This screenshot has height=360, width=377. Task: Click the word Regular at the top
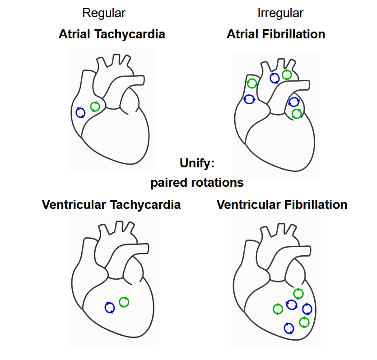(x=103, y=13)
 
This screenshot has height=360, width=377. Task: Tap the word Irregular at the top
(x=280, y=13)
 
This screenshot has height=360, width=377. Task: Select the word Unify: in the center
(x=197, y=163)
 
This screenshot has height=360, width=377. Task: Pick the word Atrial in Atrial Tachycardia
(x=75, y=34)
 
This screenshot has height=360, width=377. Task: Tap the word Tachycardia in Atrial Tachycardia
(x=130, y=34)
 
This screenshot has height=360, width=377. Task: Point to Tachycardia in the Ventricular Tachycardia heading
(x=145, y=204)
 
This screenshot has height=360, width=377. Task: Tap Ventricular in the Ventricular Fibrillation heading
(x=249, y=204)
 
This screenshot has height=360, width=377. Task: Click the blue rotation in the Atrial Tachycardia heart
(x=81, y=112)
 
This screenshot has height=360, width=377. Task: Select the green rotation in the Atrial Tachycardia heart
(x=95, y=106)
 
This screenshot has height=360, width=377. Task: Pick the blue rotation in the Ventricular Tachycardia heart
(x=110, y=308)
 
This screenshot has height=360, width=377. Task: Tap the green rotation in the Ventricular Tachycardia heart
(x=124, y=302)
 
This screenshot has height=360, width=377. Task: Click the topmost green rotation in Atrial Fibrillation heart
(x=287, y=74)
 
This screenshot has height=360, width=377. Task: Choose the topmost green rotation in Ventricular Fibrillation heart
(x=298, y=294)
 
